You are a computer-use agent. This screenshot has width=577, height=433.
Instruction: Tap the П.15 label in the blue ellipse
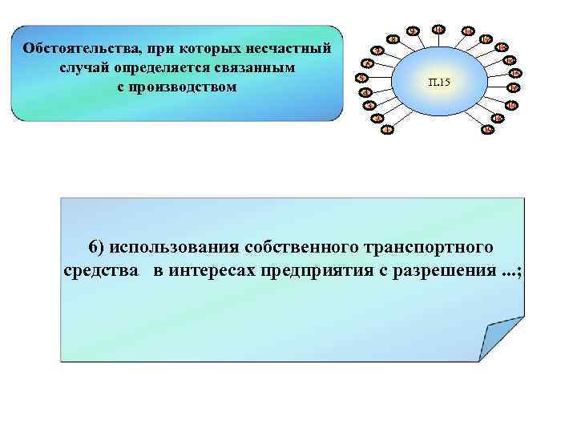(x=440, y=82)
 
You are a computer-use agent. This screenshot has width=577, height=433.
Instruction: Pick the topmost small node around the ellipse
(x=439, y=29)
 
